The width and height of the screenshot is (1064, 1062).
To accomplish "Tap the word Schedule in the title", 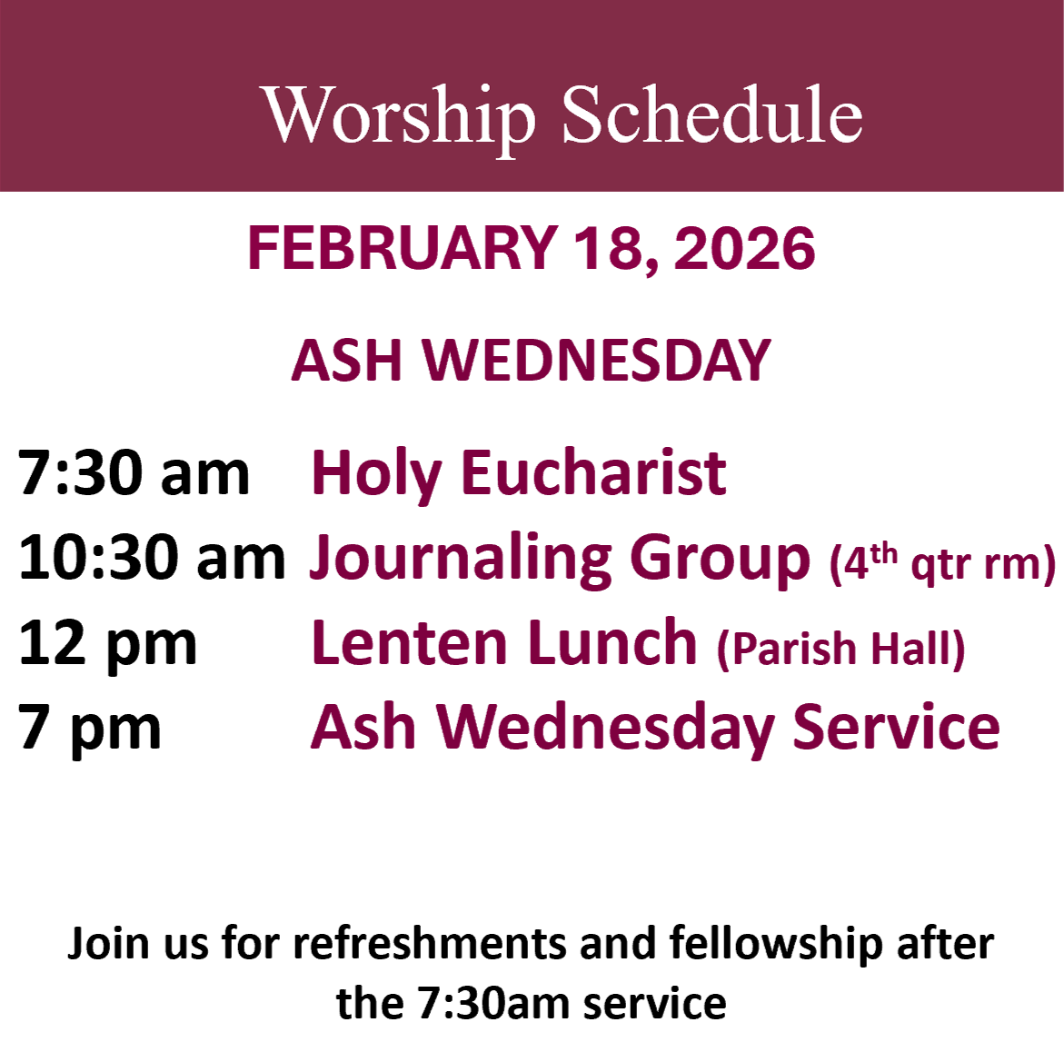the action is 711,114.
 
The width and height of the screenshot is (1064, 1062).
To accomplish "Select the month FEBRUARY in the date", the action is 403,248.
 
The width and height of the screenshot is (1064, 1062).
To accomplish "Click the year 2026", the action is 744,248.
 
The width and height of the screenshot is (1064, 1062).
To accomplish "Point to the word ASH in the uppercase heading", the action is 347,361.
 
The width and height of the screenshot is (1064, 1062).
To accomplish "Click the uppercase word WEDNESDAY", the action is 597,361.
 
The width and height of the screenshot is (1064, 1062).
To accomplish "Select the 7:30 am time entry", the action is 134,472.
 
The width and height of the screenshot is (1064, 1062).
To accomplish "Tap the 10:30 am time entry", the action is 152,558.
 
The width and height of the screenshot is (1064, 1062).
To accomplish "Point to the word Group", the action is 720,561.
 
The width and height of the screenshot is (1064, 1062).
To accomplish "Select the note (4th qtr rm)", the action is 942,564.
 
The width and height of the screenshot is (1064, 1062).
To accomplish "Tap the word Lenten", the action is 409,642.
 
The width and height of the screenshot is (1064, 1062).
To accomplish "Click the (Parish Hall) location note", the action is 840,649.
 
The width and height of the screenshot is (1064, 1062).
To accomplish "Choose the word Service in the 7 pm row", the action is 897,727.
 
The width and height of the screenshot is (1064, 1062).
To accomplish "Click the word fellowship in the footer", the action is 776,945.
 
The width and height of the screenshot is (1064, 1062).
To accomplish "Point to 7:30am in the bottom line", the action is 493,1004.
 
